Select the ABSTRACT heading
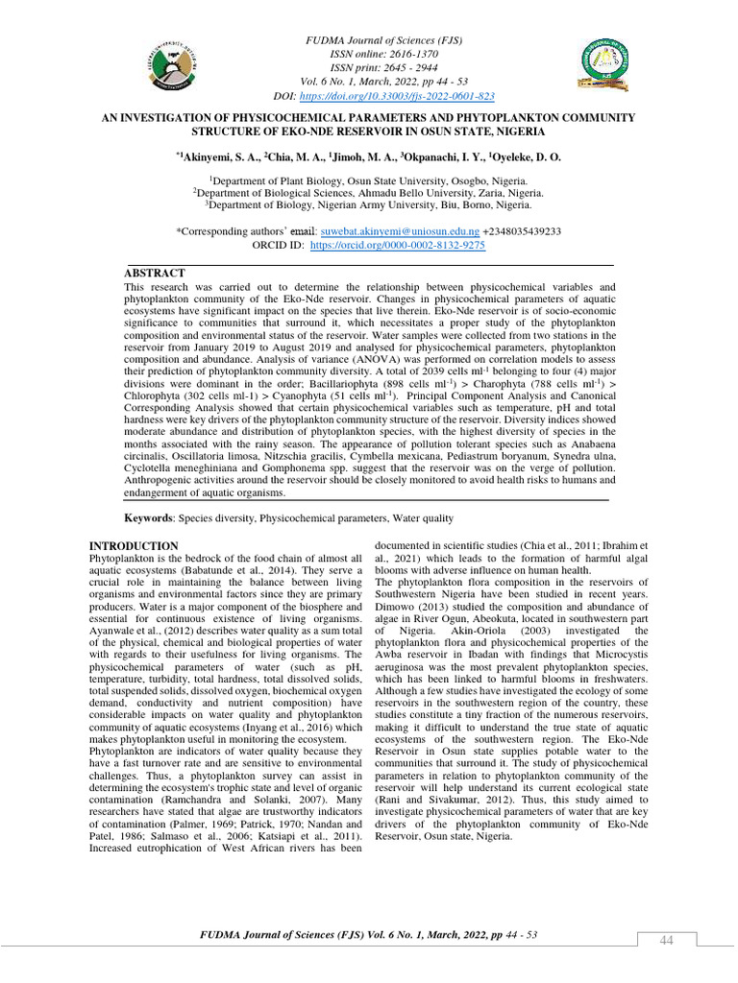coord(155,274)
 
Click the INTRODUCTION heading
coord(133,546)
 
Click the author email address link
coord(398,232)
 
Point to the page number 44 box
coord(666,940)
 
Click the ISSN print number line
coord(368,69)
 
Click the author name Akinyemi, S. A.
coord(216,156)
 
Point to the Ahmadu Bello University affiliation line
coord(368,192)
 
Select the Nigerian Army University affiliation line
coord(368,204)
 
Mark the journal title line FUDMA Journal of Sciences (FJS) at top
coord(368,41)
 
